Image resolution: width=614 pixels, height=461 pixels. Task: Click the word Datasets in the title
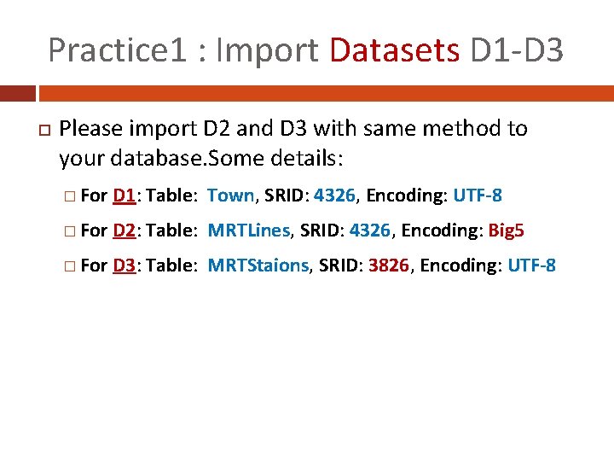click(x=394, y=50)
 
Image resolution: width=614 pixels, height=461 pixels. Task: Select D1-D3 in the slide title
click(x=517, y=50)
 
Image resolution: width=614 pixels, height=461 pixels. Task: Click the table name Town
click(x=231, y=195)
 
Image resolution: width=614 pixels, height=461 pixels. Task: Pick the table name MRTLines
click(x=249, y=230)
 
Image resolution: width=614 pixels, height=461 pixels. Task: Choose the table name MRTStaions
click(x=258, y=266)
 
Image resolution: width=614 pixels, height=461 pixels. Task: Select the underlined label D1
click(x=125, y=195)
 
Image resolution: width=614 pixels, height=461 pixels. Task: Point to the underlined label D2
click(x=125, y=230)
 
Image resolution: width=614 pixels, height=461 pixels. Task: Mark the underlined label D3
click(x=125, y=266)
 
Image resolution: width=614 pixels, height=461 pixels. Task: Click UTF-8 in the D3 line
click(x=531, y=266)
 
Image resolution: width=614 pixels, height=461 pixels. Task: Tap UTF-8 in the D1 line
click(x=478, y=195)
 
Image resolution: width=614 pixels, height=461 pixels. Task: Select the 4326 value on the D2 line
click(x=369, y=230)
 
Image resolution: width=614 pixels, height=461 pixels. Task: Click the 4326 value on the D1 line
click(x=336, y=195)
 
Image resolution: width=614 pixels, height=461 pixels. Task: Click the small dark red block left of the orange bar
click(x=17, y=92)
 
